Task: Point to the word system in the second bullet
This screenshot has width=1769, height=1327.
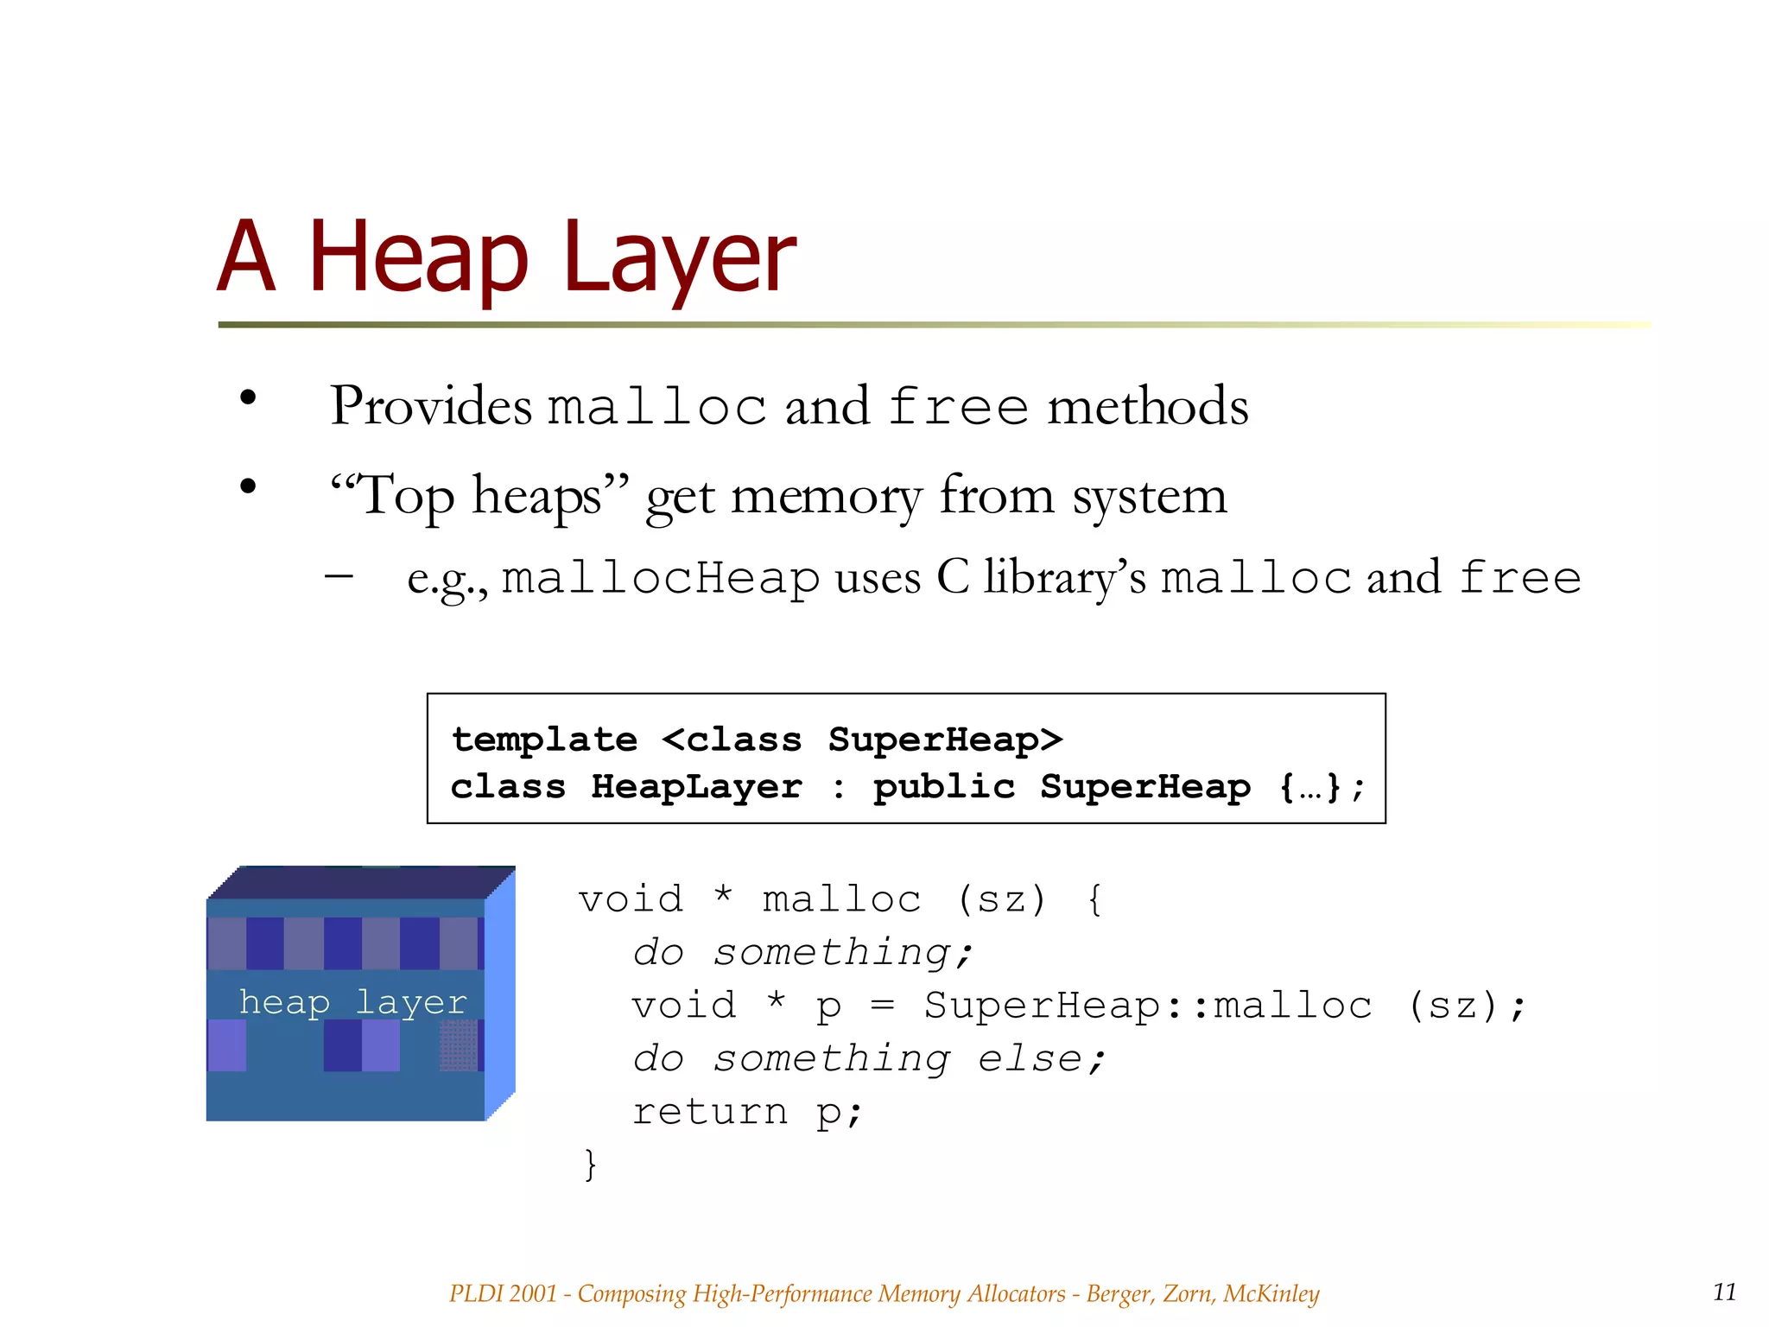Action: pyautogui.click(x=1149, y=497)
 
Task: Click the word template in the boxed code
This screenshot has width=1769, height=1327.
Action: pyautogui.click(x=544, y=740)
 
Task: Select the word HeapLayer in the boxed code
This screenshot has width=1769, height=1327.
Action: pyautogui.click(x=696, y=787)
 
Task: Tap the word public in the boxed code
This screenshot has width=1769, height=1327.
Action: pyautogui.click(x=943, y=787)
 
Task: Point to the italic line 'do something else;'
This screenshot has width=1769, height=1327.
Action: pyautogui.click(x=868, y=1058)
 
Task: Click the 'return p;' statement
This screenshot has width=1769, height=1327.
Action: pyautogui.click(x=747, y=1112)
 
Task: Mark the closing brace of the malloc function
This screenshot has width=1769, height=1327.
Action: pyautogui.click(x=591, y=1164)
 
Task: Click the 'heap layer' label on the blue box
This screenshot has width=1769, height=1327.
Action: pyautogui.click(x=352, y=1002)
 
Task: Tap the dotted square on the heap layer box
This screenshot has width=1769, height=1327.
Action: pyautogui.click(x=458, y=1045)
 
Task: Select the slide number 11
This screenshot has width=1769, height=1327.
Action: pyautogui.click(x=1724, y=1292)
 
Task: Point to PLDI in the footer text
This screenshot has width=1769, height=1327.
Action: pyautogui.click(x=476, y=1293)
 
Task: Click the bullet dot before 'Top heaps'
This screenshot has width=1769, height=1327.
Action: pyautogui.click(x=249, y=486)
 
